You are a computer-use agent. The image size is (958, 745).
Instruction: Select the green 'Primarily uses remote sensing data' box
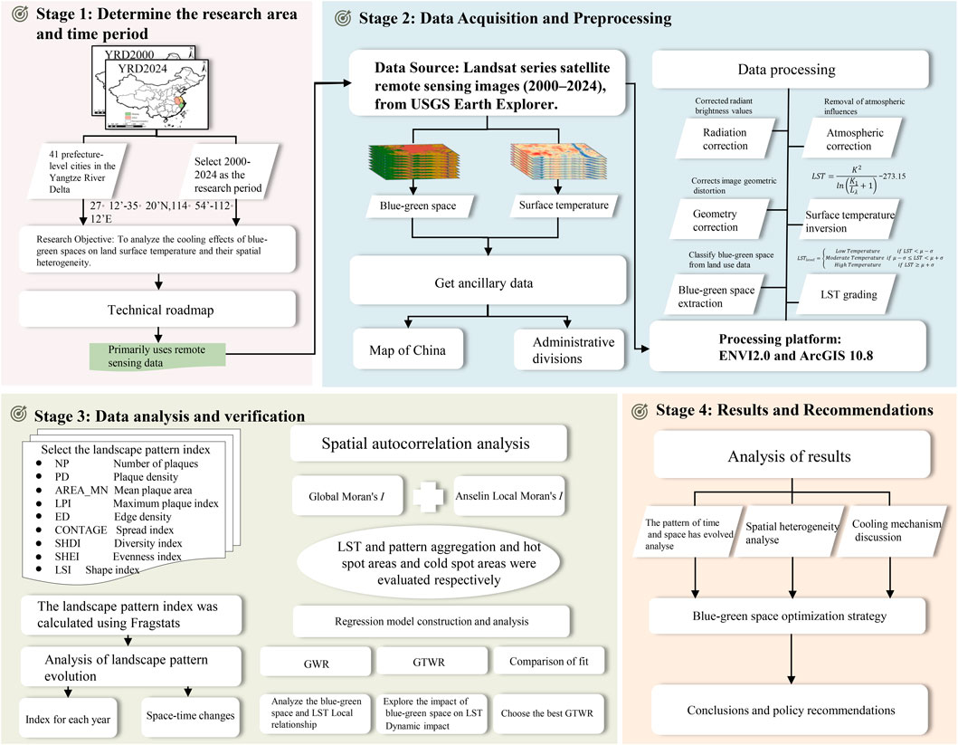158,355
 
